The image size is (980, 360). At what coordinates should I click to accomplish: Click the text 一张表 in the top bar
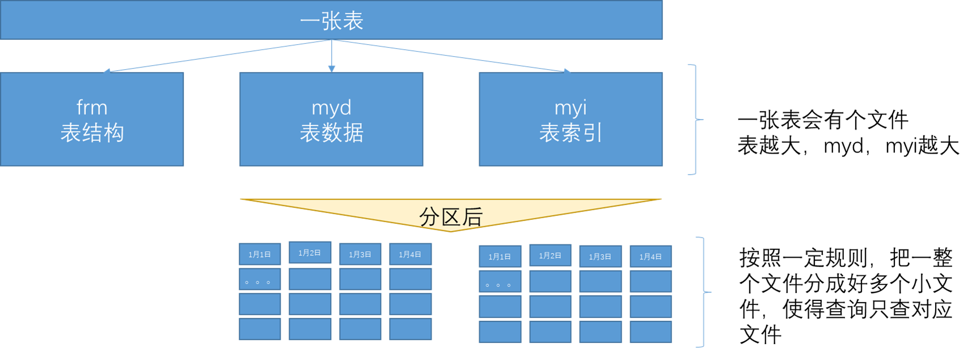[332, 22]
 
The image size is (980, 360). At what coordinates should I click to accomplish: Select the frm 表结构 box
[92, 120]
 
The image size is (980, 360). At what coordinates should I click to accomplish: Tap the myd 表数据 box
[331, 120]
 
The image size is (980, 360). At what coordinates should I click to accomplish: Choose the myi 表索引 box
[571, 120]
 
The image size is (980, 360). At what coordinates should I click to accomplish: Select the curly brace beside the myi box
[694, 120]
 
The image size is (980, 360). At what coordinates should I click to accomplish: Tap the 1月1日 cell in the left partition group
[260, 255]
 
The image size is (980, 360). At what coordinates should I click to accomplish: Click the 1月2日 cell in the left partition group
[310, 252]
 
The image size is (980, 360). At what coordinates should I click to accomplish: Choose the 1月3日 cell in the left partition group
[360, 255]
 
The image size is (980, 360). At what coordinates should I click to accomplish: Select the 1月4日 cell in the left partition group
[410, 255]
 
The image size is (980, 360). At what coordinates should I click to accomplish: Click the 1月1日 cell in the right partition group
[500, 257]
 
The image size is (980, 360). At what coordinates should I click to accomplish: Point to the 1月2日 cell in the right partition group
[550, 256]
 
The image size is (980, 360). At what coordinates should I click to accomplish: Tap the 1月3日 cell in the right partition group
[600, 257]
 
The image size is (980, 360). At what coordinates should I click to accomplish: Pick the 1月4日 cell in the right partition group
[650, 257]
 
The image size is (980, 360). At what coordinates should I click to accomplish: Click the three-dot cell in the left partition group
[260, 279]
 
